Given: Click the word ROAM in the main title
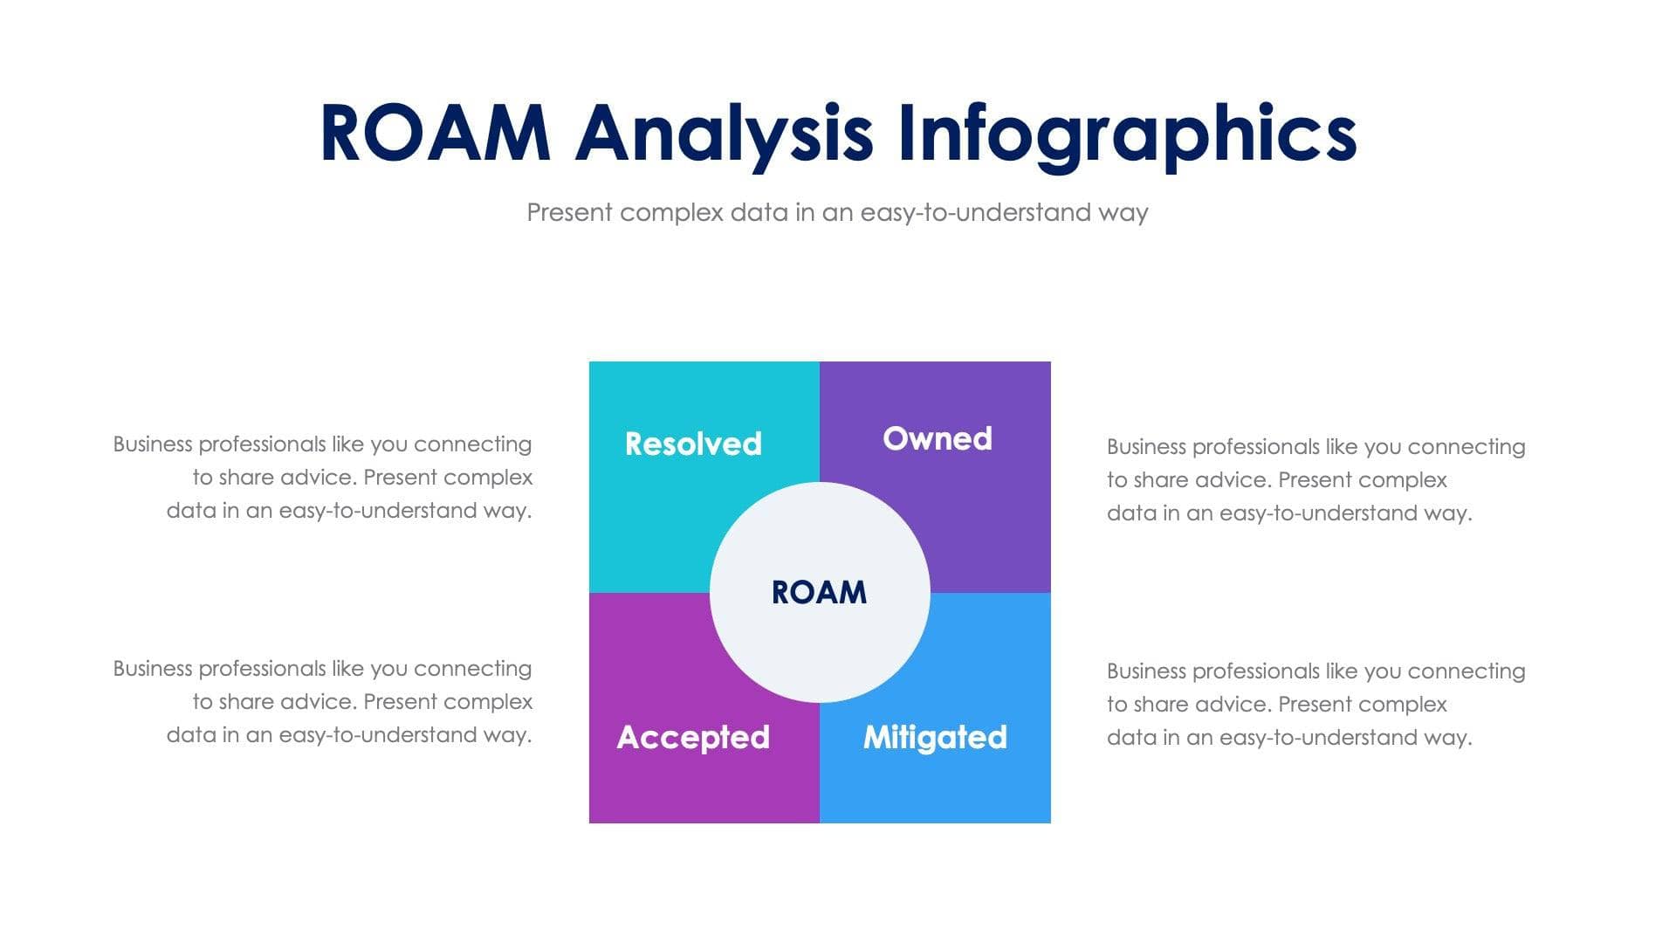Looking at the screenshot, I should point(435,134).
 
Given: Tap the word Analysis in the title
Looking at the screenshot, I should point(724,134).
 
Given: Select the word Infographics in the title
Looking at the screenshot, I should point(1126,134).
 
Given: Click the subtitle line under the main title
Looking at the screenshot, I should point(837,212).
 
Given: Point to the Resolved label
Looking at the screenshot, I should point(693,444).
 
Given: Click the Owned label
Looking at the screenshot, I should point(937,438).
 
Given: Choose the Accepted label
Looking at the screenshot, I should point(693,737).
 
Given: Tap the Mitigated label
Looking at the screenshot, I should point(935,737).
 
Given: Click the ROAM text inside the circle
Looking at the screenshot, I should point(819,592).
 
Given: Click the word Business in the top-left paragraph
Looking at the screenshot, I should point(152,444).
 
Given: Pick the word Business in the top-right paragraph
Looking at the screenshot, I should point(1146,446).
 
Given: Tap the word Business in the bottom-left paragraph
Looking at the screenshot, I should point(152,668).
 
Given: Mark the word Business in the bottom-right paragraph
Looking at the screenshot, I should point(1146,671).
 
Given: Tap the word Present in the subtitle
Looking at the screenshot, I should point(569,212).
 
